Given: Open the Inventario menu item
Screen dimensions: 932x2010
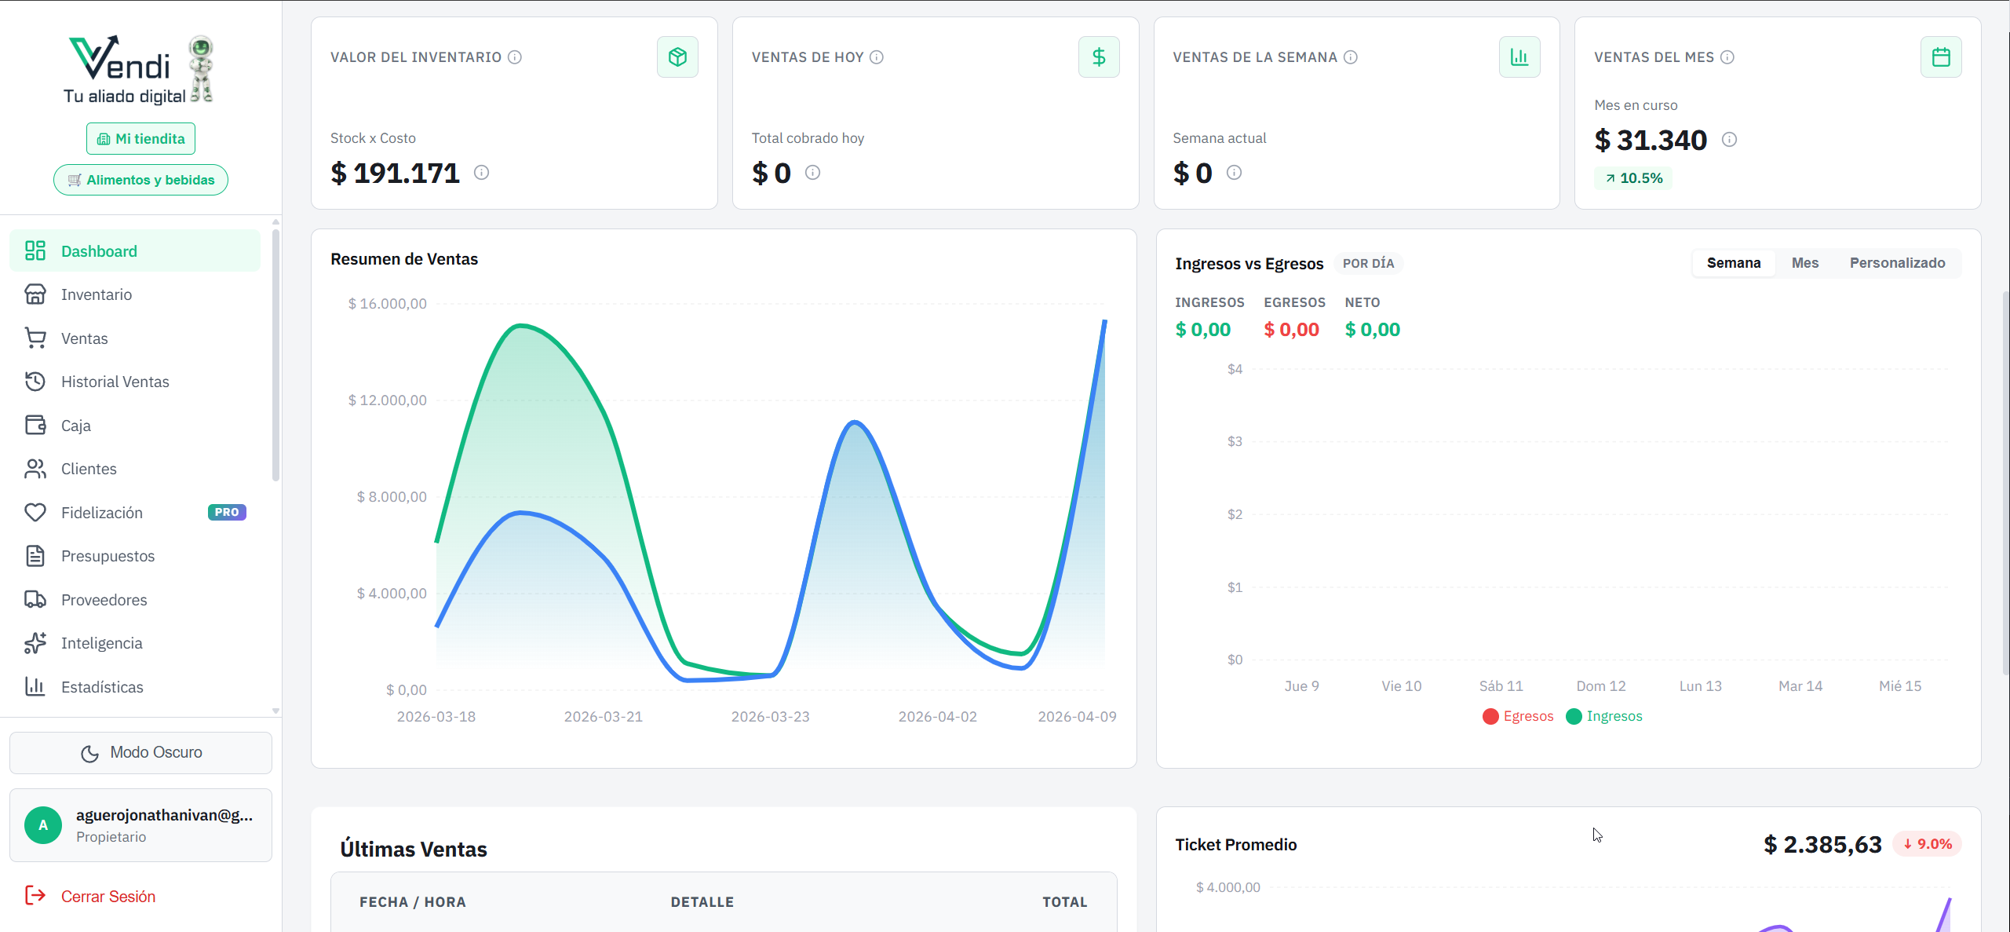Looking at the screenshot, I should (96, 294).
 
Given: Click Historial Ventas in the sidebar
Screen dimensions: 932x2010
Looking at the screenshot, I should (115, 382).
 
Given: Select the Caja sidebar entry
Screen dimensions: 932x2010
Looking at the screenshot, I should (75, 426).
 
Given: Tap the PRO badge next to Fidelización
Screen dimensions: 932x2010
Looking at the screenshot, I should (227, 512).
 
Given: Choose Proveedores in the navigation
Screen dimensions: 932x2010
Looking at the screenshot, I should (104, 600).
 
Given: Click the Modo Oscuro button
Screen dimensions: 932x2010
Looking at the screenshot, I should (140, 752).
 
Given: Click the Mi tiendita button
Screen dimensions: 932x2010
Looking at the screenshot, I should (140, 139).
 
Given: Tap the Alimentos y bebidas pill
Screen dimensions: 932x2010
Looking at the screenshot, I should (140, 180).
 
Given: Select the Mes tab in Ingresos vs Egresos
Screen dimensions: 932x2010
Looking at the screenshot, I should (1804, 263).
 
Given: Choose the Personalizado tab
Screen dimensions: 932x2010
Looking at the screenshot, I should (1897, 263).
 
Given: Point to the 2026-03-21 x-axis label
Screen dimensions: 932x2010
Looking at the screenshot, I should (603, 716).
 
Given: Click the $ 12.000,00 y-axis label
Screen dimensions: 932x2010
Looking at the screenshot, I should (388, 400).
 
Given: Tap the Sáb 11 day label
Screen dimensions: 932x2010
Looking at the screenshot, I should (1501, 685).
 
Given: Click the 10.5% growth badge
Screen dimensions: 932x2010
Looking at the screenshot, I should (1633, 178).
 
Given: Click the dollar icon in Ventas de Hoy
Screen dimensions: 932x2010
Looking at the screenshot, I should (1098, 57).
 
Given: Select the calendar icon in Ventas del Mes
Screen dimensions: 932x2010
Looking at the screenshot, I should (1940, 57).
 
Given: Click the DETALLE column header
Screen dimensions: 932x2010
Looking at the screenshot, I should (702, 902).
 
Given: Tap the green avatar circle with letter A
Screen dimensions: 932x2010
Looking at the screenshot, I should (43, 825).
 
